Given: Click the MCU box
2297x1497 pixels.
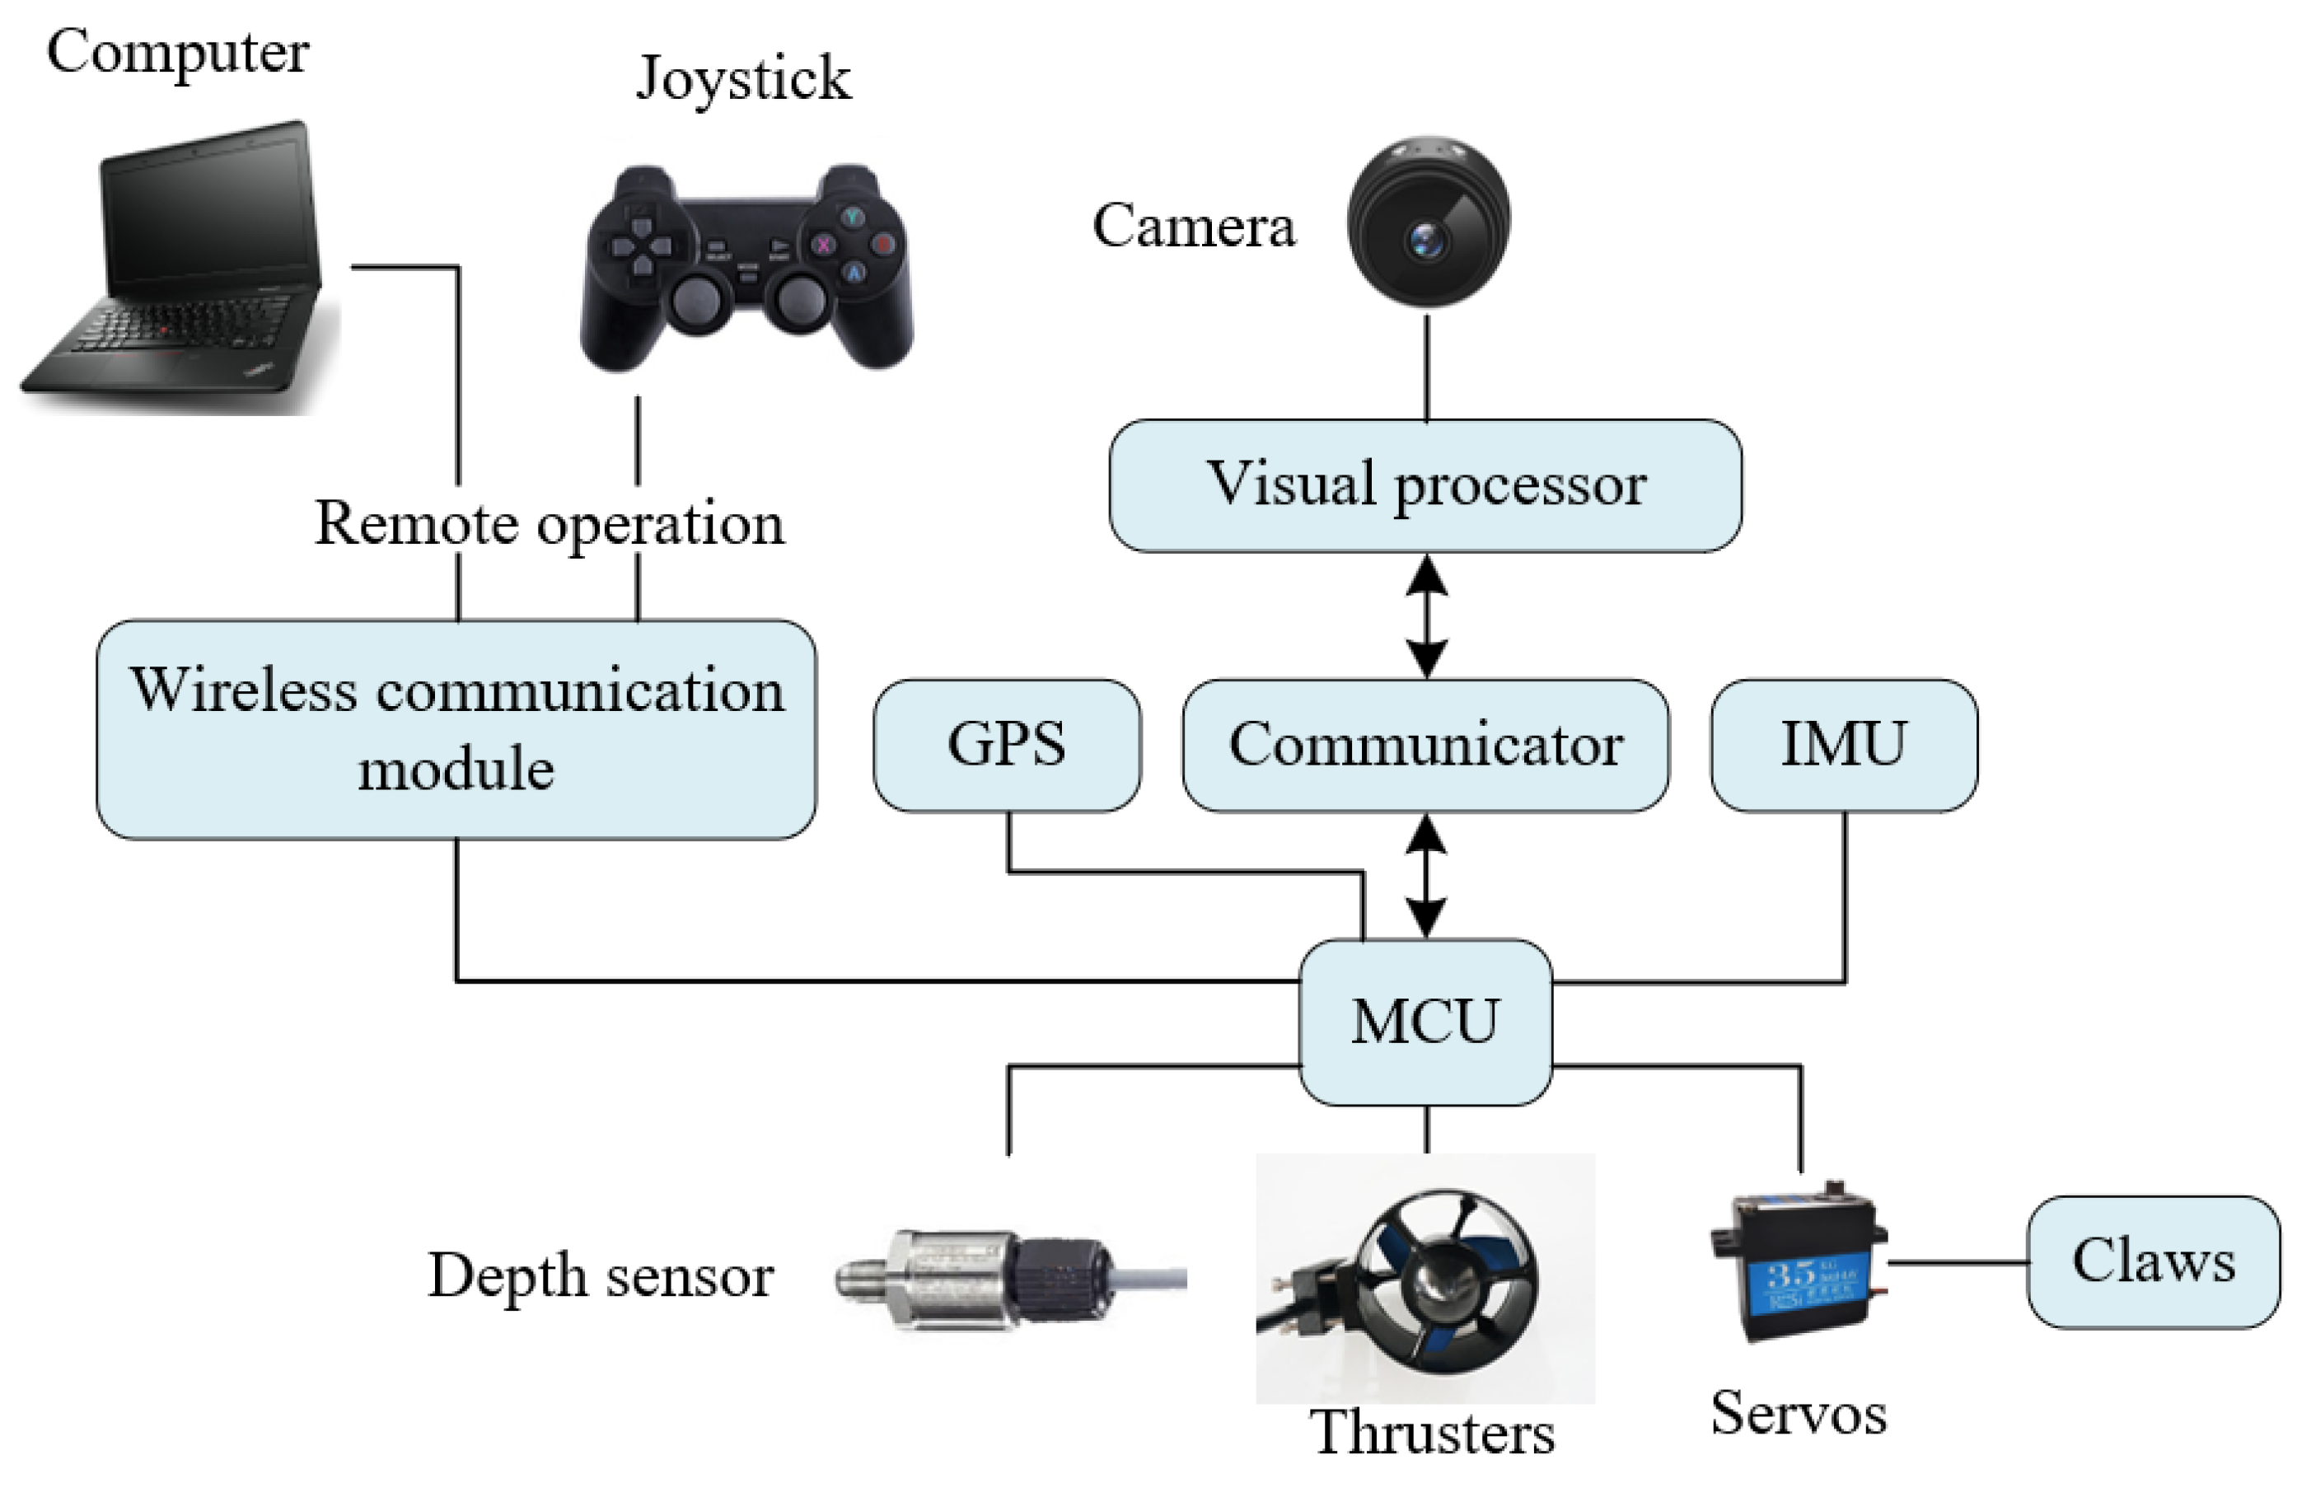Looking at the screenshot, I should tap(1425, 1021).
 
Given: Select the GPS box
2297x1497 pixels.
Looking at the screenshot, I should tap(1007, 744).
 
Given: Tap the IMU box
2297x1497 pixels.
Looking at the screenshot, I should tap(1843, 744).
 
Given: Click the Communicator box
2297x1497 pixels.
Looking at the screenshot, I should tap(1425, 744).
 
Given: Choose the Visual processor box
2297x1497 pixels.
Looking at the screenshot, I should tap(1425, 484).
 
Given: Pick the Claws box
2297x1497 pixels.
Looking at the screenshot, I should tap(2153, 1261).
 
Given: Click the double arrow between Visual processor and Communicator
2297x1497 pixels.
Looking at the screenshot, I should tap(1426, 615).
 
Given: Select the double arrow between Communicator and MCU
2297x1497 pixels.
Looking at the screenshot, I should tap(1426, 876).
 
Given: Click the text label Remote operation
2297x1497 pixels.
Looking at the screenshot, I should tap(550, 524).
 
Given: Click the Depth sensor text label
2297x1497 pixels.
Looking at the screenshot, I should tap(601, 1276).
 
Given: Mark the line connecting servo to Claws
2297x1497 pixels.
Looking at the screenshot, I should tap(1958, 1261).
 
